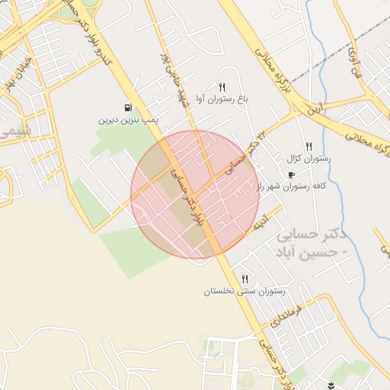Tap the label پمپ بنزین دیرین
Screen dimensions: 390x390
[128, 120]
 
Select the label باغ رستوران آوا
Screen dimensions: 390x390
[222, 99]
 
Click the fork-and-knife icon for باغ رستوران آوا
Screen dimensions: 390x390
[222, 87]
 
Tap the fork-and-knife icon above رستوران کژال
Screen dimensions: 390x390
[308, 146]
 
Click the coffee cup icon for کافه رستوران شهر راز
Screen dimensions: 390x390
[291, 174]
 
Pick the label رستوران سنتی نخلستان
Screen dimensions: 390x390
[244, 291]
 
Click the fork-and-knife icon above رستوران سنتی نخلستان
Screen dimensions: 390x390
[245, 279]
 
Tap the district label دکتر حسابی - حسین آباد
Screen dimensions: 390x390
[312, 240]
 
